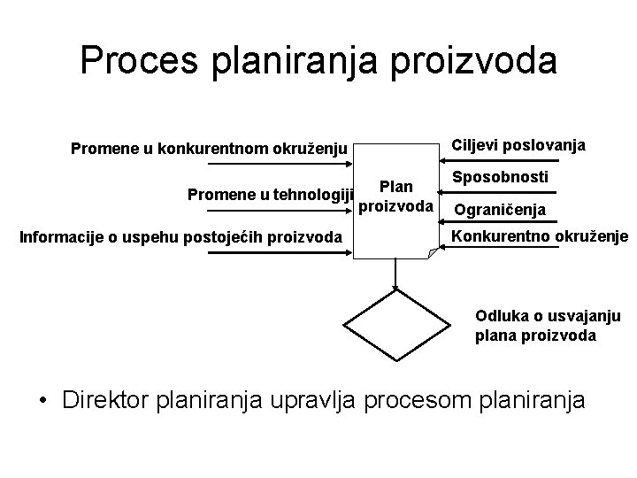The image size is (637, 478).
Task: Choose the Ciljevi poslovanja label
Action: point(518,145)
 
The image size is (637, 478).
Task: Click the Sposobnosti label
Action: point(500,177)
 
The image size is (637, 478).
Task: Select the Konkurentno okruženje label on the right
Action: point(540,236)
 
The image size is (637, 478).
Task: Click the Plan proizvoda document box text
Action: point(395,197)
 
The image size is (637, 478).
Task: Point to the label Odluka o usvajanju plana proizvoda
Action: point(548,325)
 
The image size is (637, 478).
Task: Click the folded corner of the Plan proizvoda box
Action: point(432,253)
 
